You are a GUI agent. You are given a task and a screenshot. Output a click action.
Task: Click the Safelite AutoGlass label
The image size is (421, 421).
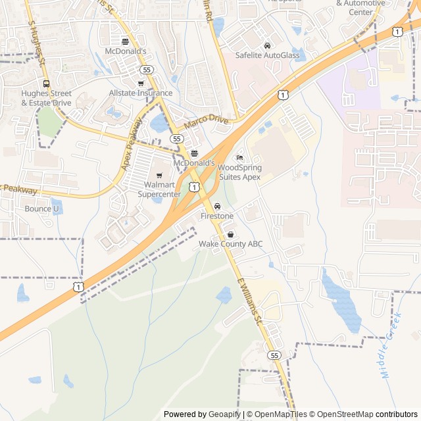click(x=267, y=55)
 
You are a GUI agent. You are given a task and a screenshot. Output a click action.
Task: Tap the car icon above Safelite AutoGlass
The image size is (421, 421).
click(x=267, y=45)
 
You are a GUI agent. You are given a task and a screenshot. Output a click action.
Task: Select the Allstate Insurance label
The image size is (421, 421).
click(x=141, y=93)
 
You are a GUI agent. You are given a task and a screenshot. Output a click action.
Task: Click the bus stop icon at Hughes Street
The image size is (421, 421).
click(x=46, y=84)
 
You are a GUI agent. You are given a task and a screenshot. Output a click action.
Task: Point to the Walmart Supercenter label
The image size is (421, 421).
click(x=159, y=189)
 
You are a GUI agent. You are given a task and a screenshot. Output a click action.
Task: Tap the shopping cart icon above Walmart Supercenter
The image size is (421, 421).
click(x=159, y=175)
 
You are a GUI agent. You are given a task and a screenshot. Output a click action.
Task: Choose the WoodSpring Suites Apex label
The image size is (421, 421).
click(x=239, y=172)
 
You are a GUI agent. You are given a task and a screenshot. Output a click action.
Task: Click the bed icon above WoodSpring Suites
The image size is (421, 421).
click(x=239, y=158)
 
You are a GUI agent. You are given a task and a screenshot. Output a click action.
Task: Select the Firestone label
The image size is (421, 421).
click(x=217, y=216)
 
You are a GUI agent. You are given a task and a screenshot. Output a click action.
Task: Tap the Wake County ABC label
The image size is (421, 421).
click(x=231, y=244)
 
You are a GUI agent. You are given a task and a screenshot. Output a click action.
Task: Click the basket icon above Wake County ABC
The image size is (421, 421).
click(x=230, y=235)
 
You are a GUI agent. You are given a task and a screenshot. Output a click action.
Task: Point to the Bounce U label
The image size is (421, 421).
click(x=41, y=209)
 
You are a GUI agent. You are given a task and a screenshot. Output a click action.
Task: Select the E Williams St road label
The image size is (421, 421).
click(x=249, y=300)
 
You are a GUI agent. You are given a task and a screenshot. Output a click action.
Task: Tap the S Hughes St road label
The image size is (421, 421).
click(x=36, y=43)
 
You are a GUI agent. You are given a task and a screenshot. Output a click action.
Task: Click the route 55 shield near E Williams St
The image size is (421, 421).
click(x=274, y=355)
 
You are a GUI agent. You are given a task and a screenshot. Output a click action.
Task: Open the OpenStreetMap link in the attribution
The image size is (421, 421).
click(x=341, y=414)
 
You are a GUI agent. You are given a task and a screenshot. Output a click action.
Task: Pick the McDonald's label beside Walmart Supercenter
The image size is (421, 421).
click(x=194, y=162)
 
